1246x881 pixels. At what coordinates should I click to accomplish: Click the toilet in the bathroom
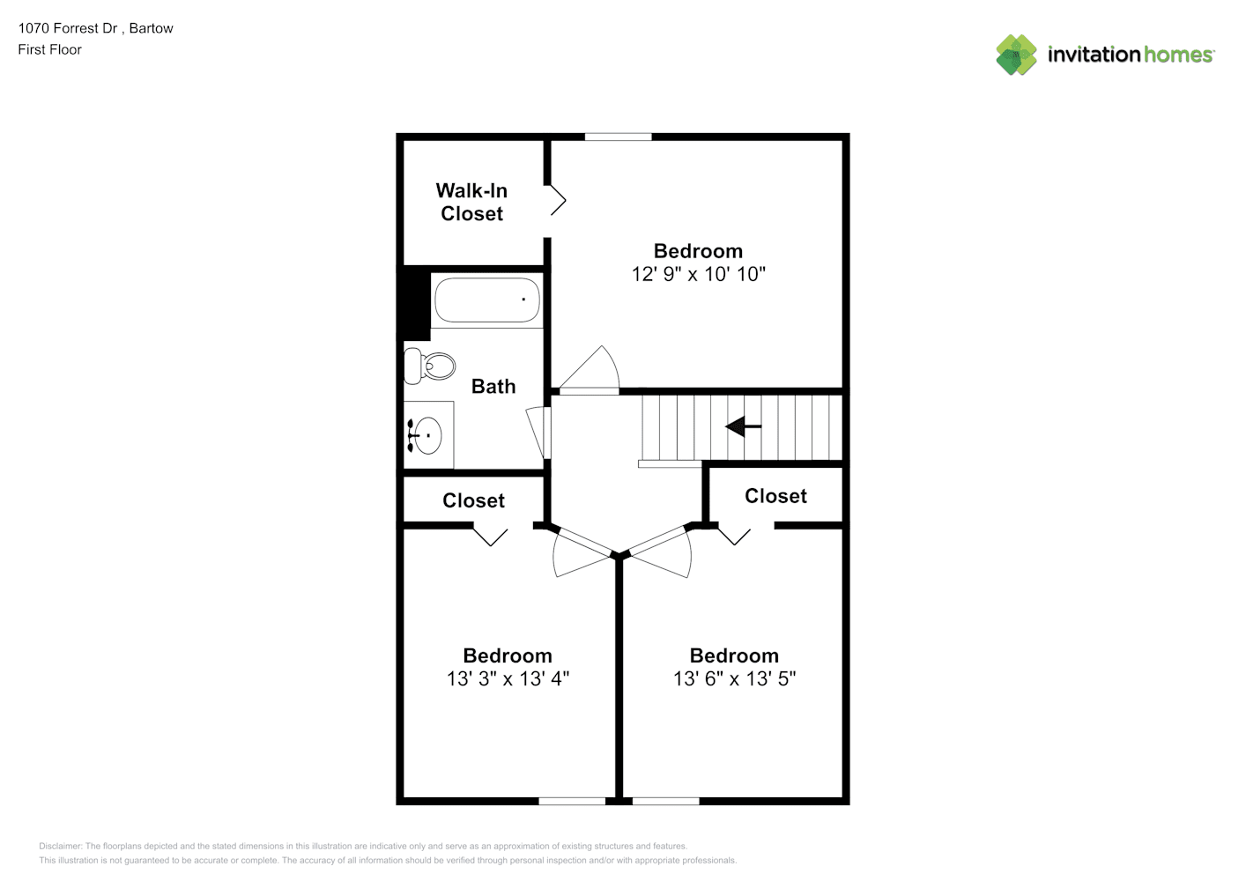point(429,366)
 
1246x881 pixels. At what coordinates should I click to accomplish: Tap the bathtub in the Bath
point(486,300)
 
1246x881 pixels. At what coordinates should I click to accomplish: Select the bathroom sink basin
point(426,435)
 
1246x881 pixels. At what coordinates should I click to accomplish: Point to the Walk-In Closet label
point(471,202)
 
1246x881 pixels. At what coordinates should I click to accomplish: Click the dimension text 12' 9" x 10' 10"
point(698,274)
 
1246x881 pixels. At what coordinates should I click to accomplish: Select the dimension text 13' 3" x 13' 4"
point(508,678)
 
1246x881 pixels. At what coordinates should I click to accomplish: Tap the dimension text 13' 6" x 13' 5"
point(734,678)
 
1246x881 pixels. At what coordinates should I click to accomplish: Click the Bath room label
point(493,386)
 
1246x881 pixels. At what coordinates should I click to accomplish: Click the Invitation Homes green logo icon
point(1016,55)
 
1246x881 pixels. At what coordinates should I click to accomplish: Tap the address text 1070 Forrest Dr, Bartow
point(96,28)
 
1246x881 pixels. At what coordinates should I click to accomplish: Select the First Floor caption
point(49,49)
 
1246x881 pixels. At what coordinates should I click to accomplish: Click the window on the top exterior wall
point(618,137)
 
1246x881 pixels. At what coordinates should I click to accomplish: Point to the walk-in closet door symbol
point(558,200)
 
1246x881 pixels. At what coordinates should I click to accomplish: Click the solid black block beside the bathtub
point(414,303)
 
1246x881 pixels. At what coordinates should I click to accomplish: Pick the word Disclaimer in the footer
point(60,846)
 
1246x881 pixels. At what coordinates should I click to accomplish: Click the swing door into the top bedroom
point(589,370)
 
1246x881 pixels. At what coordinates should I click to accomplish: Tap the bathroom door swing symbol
point(538,433)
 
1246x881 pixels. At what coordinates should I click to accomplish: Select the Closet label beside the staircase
point(775,496)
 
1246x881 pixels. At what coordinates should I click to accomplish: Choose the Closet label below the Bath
point(473,500)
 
